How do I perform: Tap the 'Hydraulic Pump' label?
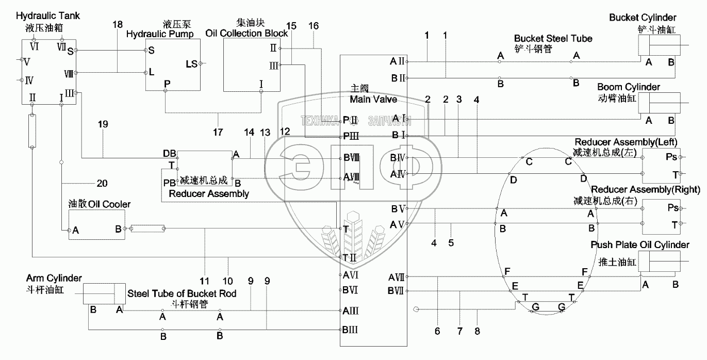(160, 35)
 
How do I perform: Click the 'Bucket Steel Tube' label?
(553, 38)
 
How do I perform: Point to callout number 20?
(102, 183)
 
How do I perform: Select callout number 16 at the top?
(314, 25)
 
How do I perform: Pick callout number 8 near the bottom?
(477, 331)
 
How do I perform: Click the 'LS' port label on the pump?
(191, 64)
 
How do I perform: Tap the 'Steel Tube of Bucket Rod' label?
(182, 293)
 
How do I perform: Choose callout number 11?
(205, 281)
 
